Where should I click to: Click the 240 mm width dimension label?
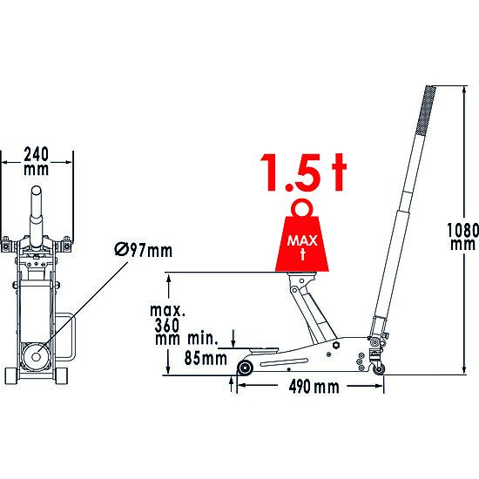click(37, 161)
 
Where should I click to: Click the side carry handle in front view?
click(69, 340)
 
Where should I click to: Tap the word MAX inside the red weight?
click(301, 236)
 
